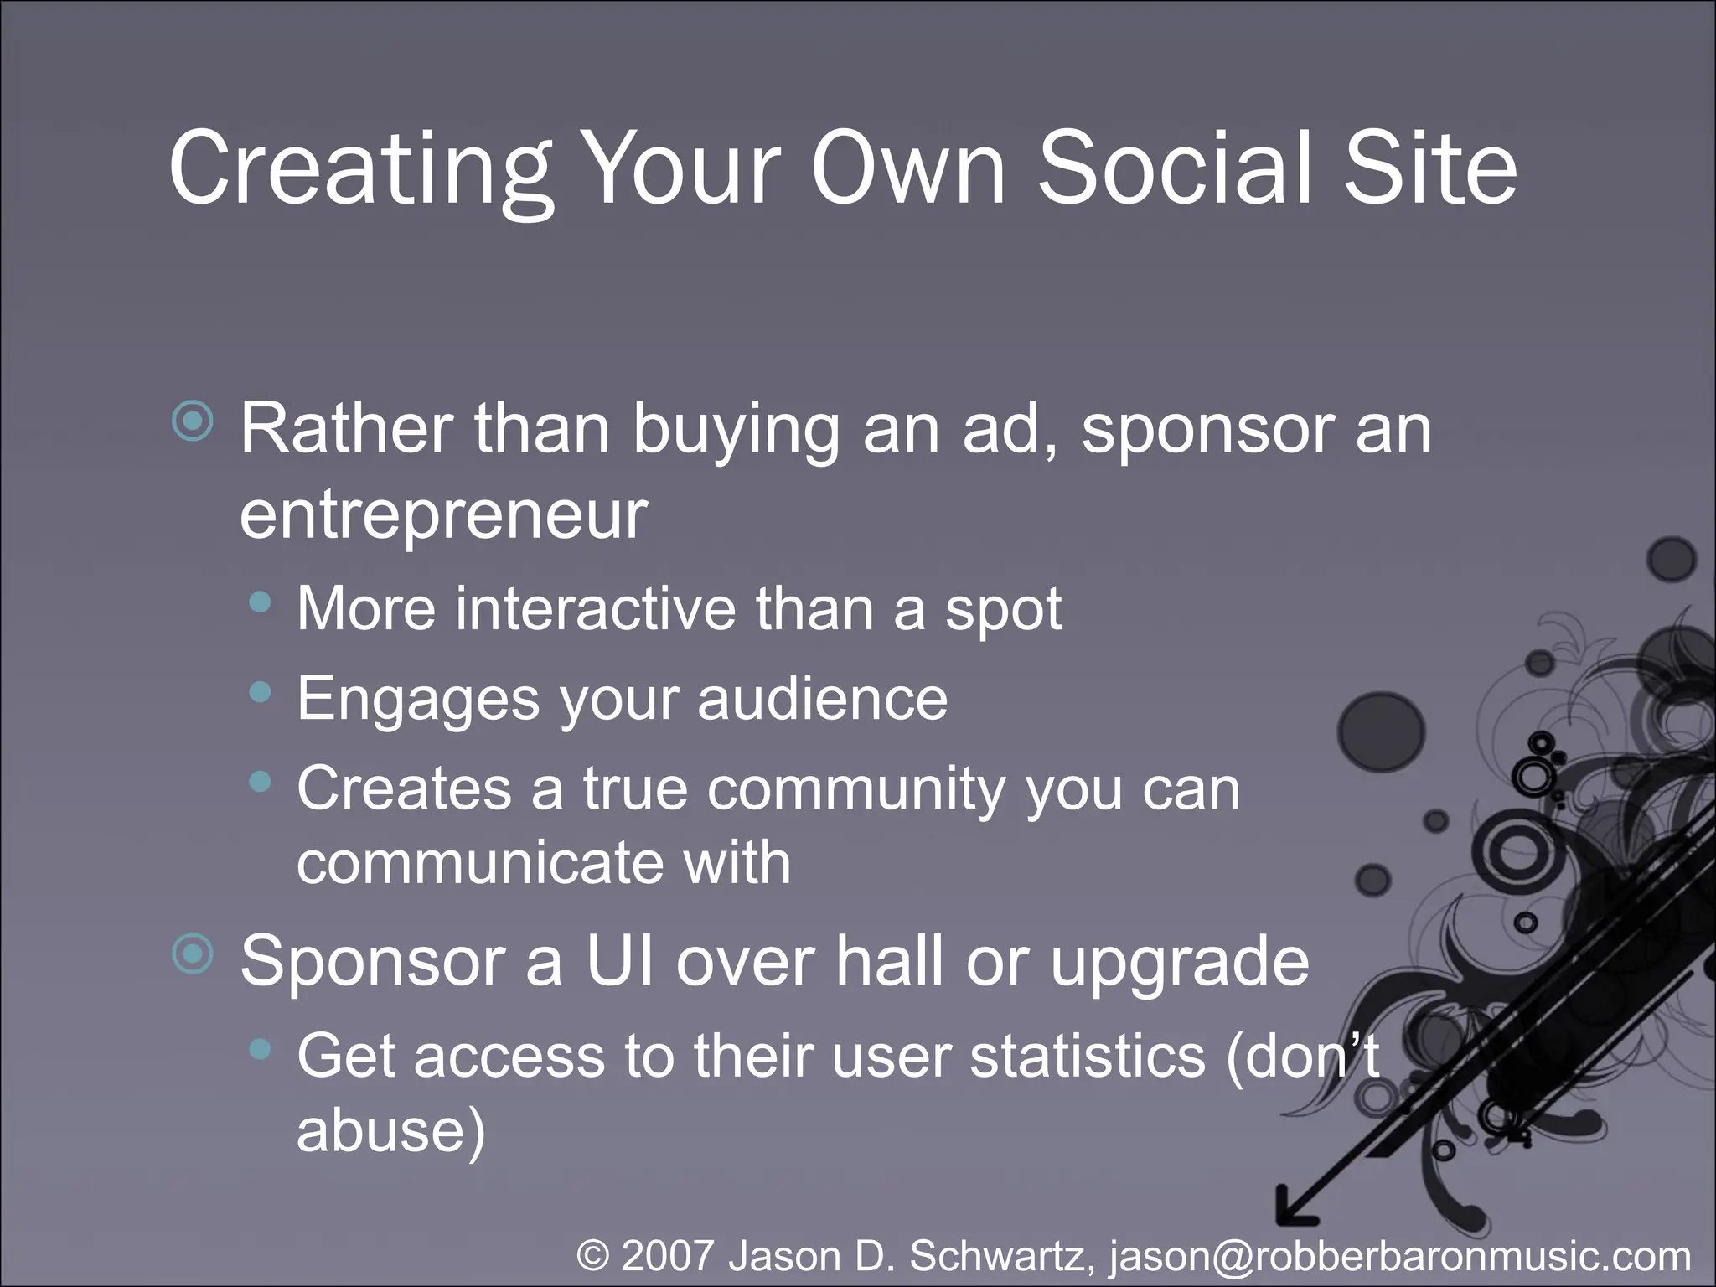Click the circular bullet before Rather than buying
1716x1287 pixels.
pos(194,421)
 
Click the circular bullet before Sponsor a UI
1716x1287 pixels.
pos(194,954)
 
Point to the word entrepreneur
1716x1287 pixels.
pos(444,514)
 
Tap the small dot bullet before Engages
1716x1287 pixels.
pos(261,692)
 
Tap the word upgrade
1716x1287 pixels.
pos(1179,962)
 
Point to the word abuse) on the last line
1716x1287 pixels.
pos(390,1130)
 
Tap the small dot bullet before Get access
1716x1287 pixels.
pos(261,1048)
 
